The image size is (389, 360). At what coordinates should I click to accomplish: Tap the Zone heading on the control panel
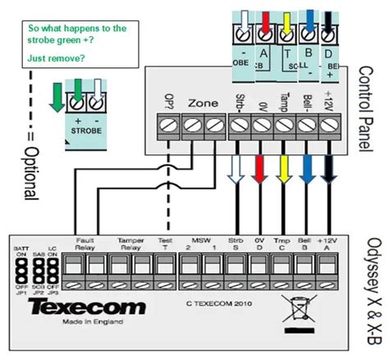point(203,105)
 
